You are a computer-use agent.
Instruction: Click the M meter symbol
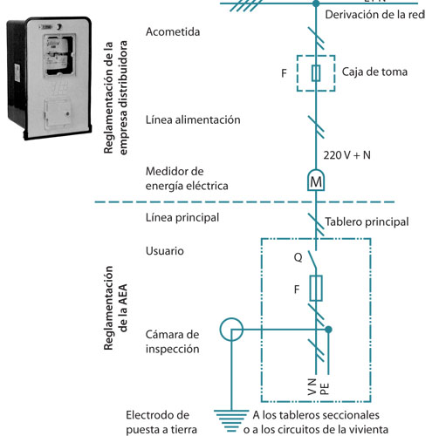pos(316,181)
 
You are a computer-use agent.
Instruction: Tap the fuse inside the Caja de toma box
pos(316,73)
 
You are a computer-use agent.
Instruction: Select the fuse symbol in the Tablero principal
pos(316,288)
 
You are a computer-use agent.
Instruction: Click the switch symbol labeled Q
pos(313,260)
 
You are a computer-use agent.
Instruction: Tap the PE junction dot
pos(328,330)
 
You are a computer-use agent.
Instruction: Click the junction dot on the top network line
pos(316,3)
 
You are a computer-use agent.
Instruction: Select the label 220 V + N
pos(347,155)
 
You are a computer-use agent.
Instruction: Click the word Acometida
pos(173,31)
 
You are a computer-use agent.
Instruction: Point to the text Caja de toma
pos(374,72)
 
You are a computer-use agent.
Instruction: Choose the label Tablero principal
pos(367,221)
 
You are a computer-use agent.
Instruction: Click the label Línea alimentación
pos(193,119)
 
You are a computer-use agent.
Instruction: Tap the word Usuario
pos(165,251)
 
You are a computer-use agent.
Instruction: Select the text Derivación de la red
pos(374,15)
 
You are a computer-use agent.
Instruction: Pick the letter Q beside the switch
pos(298,257)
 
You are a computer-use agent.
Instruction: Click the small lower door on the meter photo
pos(58,113)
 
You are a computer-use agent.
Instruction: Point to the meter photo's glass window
pos(59,55)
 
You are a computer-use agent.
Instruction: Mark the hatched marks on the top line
pos(245,5)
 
